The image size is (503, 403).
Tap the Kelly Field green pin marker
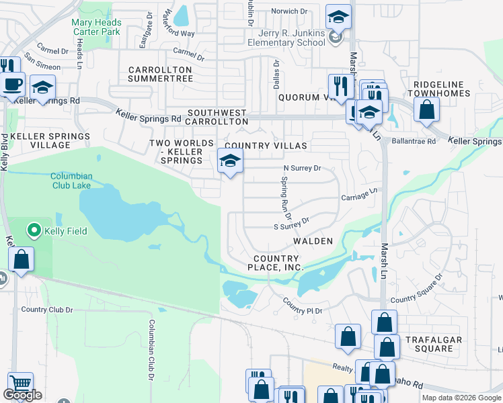33,231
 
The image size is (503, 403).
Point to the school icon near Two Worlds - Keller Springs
230,161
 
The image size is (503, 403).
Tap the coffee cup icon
13,85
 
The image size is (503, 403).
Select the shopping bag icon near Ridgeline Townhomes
427,109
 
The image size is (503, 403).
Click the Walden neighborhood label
313,240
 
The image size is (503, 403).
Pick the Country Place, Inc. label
276,263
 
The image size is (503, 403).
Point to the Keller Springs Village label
50,140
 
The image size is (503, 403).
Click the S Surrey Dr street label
291,224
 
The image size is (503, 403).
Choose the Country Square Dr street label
417,290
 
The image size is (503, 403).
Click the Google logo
22,395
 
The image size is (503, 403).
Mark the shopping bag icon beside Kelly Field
21,259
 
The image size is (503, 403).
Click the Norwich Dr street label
289,11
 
